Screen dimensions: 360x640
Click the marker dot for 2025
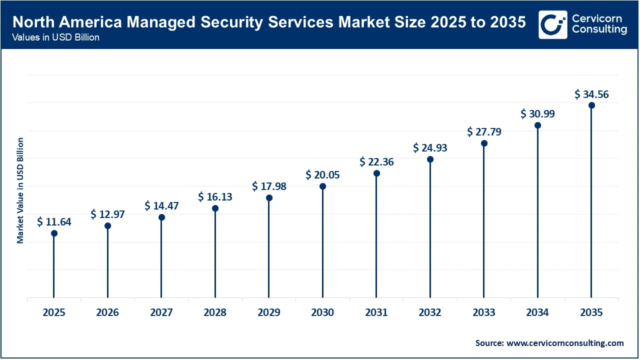(54, 233)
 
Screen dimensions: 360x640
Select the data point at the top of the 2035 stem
(591, 105)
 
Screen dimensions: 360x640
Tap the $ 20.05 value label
(322, 174)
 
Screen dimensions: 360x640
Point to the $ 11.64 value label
(54, 222)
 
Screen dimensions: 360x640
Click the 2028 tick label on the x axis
(215, 312)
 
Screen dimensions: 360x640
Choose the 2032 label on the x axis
(430, 312)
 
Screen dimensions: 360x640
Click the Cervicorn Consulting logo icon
(552, 24)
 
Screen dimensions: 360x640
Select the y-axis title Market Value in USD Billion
(20, 190)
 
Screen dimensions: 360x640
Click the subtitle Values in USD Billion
(56, 38)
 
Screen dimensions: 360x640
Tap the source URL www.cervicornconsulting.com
(565, 343)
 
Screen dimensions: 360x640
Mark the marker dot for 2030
(322, 186)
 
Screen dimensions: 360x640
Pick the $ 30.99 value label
(537, 114)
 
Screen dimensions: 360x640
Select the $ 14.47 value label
(161, 205)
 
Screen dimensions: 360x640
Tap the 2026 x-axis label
(107, 312)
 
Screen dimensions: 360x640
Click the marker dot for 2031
(376, 173)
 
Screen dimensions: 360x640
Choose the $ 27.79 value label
(484, 132)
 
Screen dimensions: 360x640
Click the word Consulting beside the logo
(599, 30)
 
